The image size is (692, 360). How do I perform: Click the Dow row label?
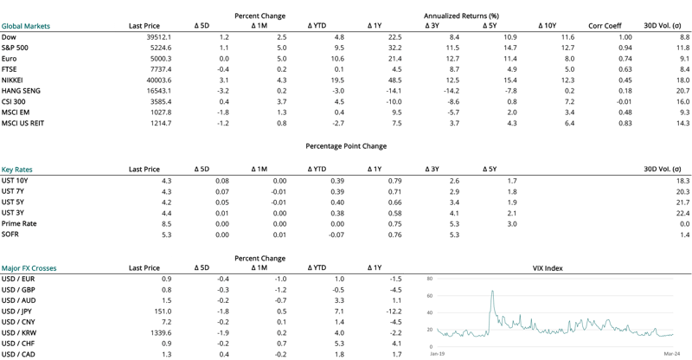coord(10,38)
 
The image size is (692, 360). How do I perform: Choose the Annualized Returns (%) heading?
coord(462,16)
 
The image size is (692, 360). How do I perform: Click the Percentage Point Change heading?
coord(346,146)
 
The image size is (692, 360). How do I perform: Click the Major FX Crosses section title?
coord(29,268)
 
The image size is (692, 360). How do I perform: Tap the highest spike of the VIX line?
coord(492,292)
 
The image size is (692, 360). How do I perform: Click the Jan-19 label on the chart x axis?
coord(438,353)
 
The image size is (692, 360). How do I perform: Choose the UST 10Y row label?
coord(16,180)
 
